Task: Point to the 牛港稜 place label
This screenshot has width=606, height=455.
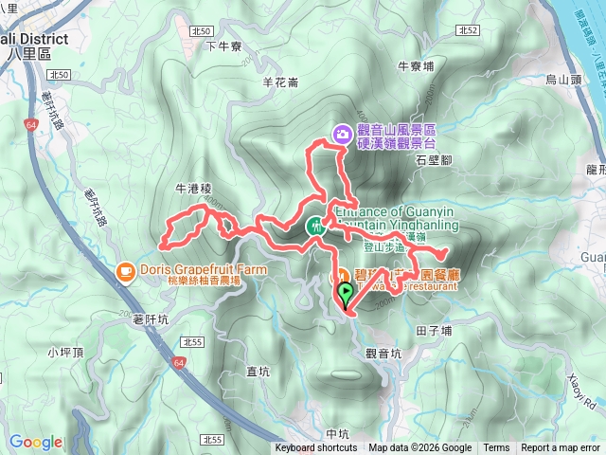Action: (x=193, y=190)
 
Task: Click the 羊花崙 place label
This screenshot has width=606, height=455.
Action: (x=280, y=82)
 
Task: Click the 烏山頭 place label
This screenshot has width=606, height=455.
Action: (x=564, y=82)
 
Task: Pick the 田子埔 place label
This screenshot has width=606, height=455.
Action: (x=434, y=331)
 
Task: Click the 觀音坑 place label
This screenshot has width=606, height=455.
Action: (x=383, y=353)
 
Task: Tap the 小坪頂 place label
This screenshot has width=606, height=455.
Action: (x=65, y=353)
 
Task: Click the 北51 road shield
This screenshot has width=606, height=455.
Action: (x=200, y=31)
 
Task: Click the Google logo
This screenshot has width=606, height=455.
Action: (x=36, y=442)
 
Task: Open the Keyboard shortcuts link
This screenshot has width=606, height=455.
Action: (x=316, y=448)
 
